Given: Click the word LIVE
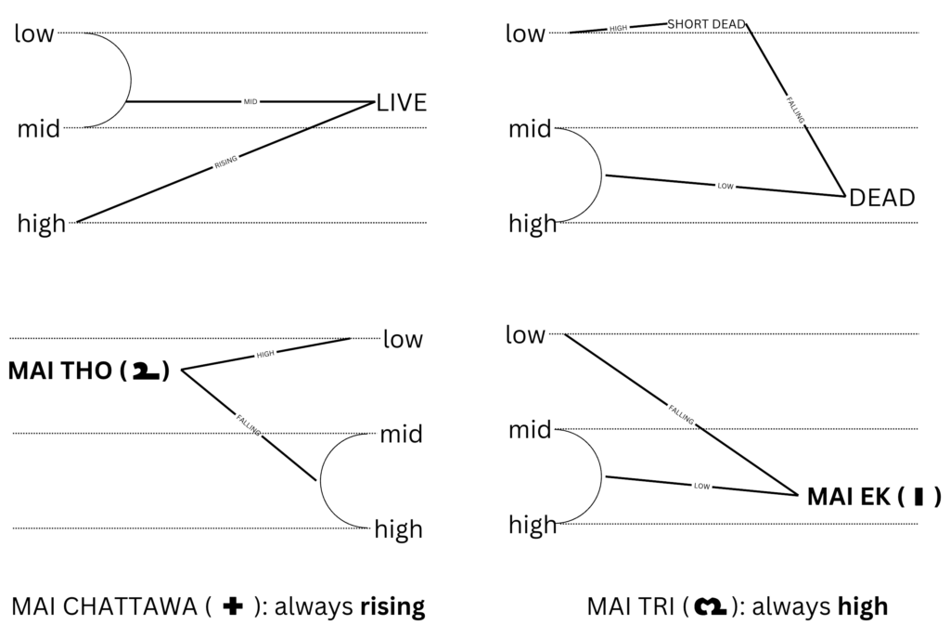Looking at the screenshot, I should click(402, 103).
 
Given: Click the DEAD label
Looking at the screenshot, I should click(882, 198).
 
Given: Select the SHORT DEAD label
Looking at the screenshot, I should click(707, 24).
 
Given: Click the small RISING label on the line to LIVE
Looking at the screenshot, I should click(226, 162).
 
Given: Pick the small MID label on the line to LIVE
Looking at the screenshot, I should click(250, 101).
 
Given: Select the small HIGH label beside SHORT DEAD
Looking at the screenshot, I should click(619, 29).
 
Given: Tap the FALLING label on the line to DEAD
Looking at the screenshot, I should click(795, 110).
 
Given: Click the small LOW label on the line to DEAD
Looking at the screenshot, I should click(725, 186).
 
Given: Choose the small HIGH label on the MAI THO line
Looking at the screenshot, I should click(266, 354).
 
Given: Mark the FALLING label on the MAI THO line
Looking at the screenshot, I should click(247, 420).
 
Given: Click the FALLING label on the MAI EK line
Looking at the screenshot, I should click(680, 414).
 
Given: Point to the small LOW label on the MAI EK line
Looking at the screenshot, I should click(701, 486).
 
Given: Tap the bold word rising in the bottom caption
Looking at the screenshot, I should click(391, 607).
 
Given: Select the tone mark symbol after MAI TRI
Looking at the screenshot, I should click(713, 607).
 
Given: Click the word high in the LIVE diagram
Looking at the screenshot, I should click(42, 224).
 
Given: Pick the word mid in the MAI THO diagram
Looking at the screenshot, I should click(401, 434).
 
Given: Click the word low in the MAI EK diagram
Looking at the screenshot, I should click(525, 335).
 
